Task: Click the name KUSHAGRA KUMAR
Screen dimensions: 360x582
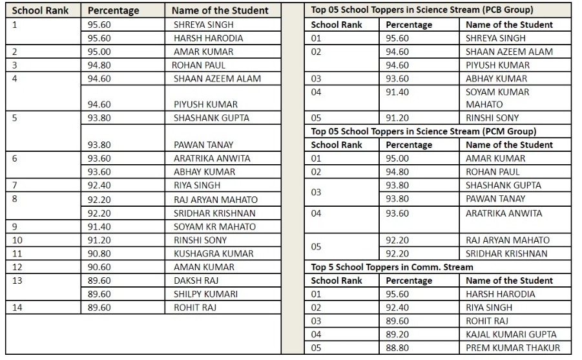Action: tap(213, 253)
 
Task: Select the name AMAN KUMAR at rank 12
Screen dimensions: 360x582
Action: tap(203, 267)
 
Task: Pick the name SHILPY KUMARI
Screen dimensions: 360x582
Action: tap(205, 294)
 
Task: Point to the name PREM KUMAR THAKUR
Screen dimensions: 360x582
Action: tap(513, 348)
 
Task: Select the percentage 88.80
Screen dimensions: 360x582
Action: tap(397, 348)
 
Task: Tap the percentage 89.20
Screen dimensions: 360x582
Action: tap(397, 334)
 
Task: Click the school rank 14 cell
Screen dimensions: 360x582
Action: tap(17, 308)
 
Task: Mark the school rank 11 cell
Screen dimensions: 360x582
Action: tap(17, 253)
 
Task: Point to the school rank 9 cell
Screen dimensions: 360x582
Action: tap(16, 226)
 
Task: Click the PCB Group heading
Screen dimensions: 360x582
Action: tap(422, 10)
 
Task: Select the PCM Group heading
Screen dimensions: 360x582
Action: tap(423, 131)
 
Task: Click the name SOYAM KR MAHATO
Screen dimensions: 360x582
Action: tap(214, 226)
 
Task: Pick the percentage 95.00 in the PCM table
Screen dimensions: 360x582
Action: tap(397, 158)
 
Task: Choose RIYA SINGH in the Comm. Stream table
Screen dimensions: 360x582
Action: tap(489, 308)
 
